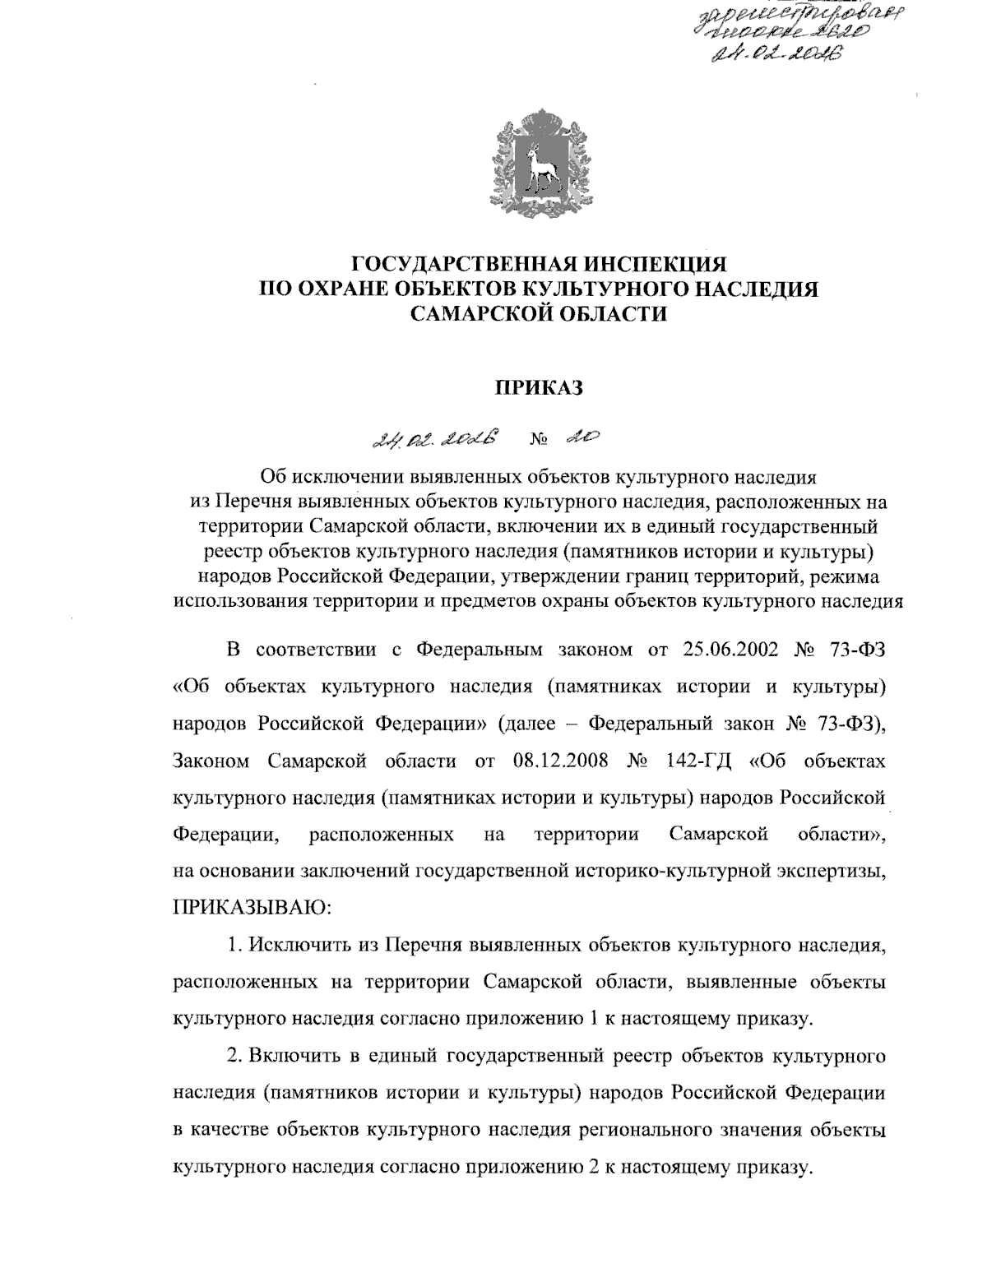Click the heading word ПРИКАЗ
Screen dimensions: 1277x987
(539, 387)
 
